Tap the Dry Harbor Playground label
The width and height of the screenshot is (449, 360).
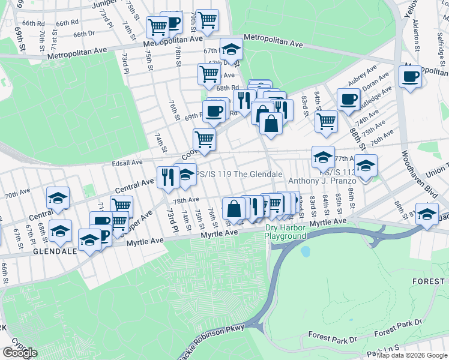[x=286, y=232]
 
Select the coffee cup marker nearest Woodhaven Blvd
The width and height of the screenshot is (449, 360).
[x=411, y=77]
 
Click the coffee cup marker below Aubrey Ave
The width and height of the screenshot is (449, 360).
[x=348, y=100]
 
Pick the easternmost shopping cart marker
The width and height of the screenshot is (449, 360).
[x=327, y=121]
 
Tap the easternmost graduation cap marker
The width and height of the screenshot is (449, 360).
[x=427, y=214]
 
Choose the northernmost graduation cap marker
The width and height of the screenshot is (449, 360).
[x=231, y=50]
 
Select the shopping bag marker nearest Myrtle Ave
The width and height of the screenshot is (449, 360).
[x=234, y=209]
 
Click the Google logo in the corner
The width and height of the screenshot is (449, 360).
[x=20, y=352]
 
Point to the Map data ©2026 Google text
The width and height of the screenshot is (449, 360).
[x=412, y=355]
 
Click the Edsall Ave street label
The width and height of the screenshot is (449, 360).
[x=127, y=162]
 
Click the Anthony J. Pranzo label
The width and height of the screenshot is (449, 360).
[x=324, y=181]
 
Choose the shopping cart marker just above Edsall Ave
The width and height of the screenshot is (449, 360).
[x=205, y=139]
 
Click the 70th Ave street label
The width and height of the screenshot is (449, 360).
[x=18, y=195]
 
